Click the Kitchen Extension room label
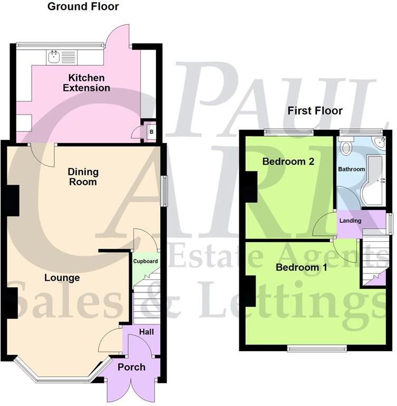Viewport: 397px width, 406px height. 87,83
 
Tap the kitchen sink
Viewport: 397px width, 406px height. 54,56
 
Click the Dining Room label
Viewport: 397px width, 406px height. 83,177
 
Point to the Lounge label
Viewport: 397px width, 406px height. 62,278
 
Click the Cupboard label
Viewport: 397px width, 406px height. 146,261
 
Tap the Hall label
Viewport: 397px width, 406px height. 146,332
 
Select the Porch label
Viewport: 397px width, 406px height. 131,367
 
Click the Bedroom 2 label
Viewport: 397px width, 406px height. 288,162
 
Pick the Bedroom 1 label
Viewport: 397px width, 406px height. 302,268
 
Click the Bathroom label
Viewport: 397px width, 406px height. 352,169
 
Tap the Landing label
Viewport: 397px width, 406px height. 351,220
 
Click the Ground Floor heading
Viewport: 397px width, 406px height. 83,7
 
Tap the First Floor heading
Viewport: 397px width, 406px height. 315,111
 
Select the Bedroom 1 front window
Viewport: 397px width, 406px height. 317,347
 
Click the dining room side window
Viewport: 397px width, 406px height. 163,191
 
